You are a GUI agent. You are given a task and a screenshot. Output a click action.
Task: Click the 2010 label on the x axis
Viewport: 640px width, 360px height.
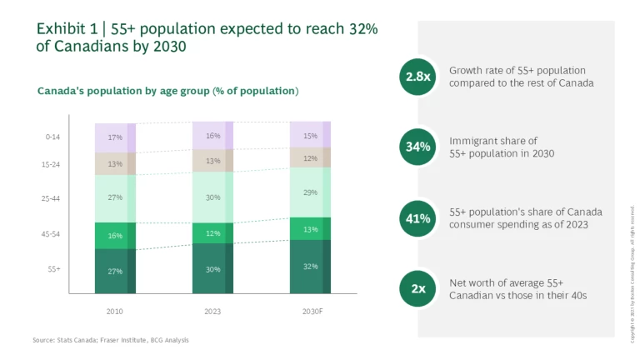pyautogui.click(x=115, y=310)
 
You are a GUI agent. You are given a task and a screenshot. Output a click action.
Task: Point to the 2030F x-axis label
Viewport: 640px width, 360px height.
pyautogui.click(x=310, y=310)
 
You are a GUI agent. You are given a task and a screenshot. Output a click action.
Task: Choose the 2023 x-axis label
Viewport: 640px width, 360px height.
pyautogui.click(x=212, y=310)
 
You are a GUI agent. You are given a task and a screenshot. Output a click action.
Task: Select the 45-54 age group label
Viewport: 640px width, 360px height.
pyautogui.click(x=52, y=234)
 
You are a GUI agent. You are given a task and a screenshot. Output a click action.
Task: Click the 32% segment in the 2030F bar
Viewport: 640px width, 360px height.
pyautogui.click(x=310, y=267)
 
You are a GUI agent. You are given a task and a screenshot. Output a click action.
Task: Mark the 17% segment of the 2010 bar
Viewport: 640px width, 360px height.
pyautogui.click(x=115, y=137)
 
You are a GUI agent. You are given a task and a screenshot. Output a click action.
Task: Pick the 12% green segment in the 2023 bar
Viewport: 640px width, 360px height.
pyautogui.click(x=212, y=233)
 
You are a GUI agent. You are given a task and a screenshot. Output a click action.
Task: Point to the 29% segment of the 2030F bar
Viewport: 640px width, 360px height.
pyautogui.click(x=310, y=192)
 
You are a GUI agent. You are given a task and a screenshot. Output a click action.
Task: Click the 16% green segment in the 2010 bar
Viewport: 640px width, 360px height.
pyautogui.click(x=115, y=236)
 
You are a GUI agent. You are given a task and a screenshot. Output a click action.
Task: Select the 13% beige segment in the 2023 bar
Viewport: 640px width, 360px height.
pyautogui.click(x=212, y=161)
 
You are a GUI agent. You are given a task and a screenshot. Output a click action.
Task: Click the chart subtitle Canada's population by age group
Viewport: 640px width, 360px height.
pyautogui.click(x=167, y=90)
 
